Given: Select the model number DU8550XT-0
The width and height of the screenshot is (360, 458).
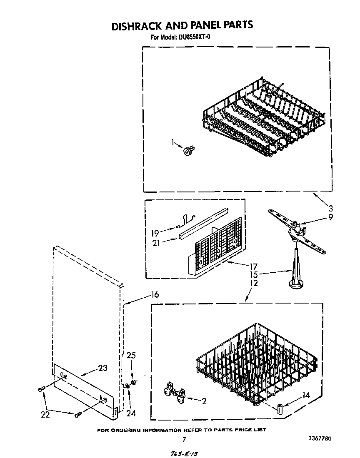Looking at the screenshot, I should (192, 37).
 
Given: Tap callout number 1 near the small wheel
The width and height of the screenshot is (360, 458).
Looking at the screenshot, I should (173, 143).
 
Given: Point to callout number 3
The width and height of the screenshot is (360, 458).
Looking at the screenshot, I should (330, 209).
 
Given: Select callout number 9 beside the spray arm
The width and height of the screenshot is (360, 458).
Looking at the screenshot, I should (330, 217).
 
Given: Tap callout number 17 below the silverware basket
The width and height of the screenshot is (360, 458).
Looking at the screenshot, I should (253, 266).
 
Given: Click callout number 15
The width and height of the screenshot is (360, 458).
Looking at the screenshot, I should (253, 275).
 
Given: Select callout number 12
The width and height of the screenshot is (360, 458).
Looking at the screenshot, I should (253, 284).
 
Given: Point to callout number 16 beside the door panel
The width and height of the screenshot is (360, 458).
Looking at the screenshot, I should (155, 295).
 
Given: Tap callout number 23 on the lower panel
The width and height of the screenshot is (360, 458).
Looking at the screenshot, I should (102, 368).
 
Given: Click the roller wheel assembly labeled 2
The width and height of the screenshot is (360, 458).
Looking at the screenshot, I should (175, 393).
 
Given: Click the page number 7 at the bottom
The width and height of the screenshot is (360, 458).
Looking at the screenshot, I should (184, 439).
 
